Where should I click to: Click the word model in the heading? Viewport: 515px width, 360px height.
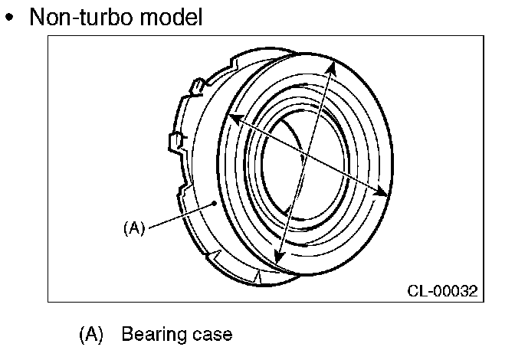tap(175, 17)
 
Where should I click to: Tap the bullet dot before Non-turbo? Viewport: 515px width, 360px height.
tap(10, 18)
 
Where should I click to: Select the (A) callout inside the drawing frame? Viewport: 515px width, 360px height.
tap(133, 227)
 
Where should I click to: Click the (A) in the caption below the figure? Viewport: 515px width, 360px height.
tap(90, 335)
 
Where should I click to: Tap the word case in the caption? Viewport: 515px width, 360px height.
tap(208, 335)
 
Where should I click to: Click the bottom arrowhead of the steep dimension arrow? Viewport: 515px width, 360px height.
tap(277, 259)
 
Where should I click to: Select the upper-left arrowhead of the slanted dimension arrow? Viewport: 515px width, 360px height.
tap(232, 119)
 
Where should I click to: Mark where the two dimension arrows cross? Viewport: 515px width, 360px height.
tap(306, 156)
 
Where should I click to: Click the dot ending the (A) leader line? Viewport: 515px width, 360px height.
tap(215, 203)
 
